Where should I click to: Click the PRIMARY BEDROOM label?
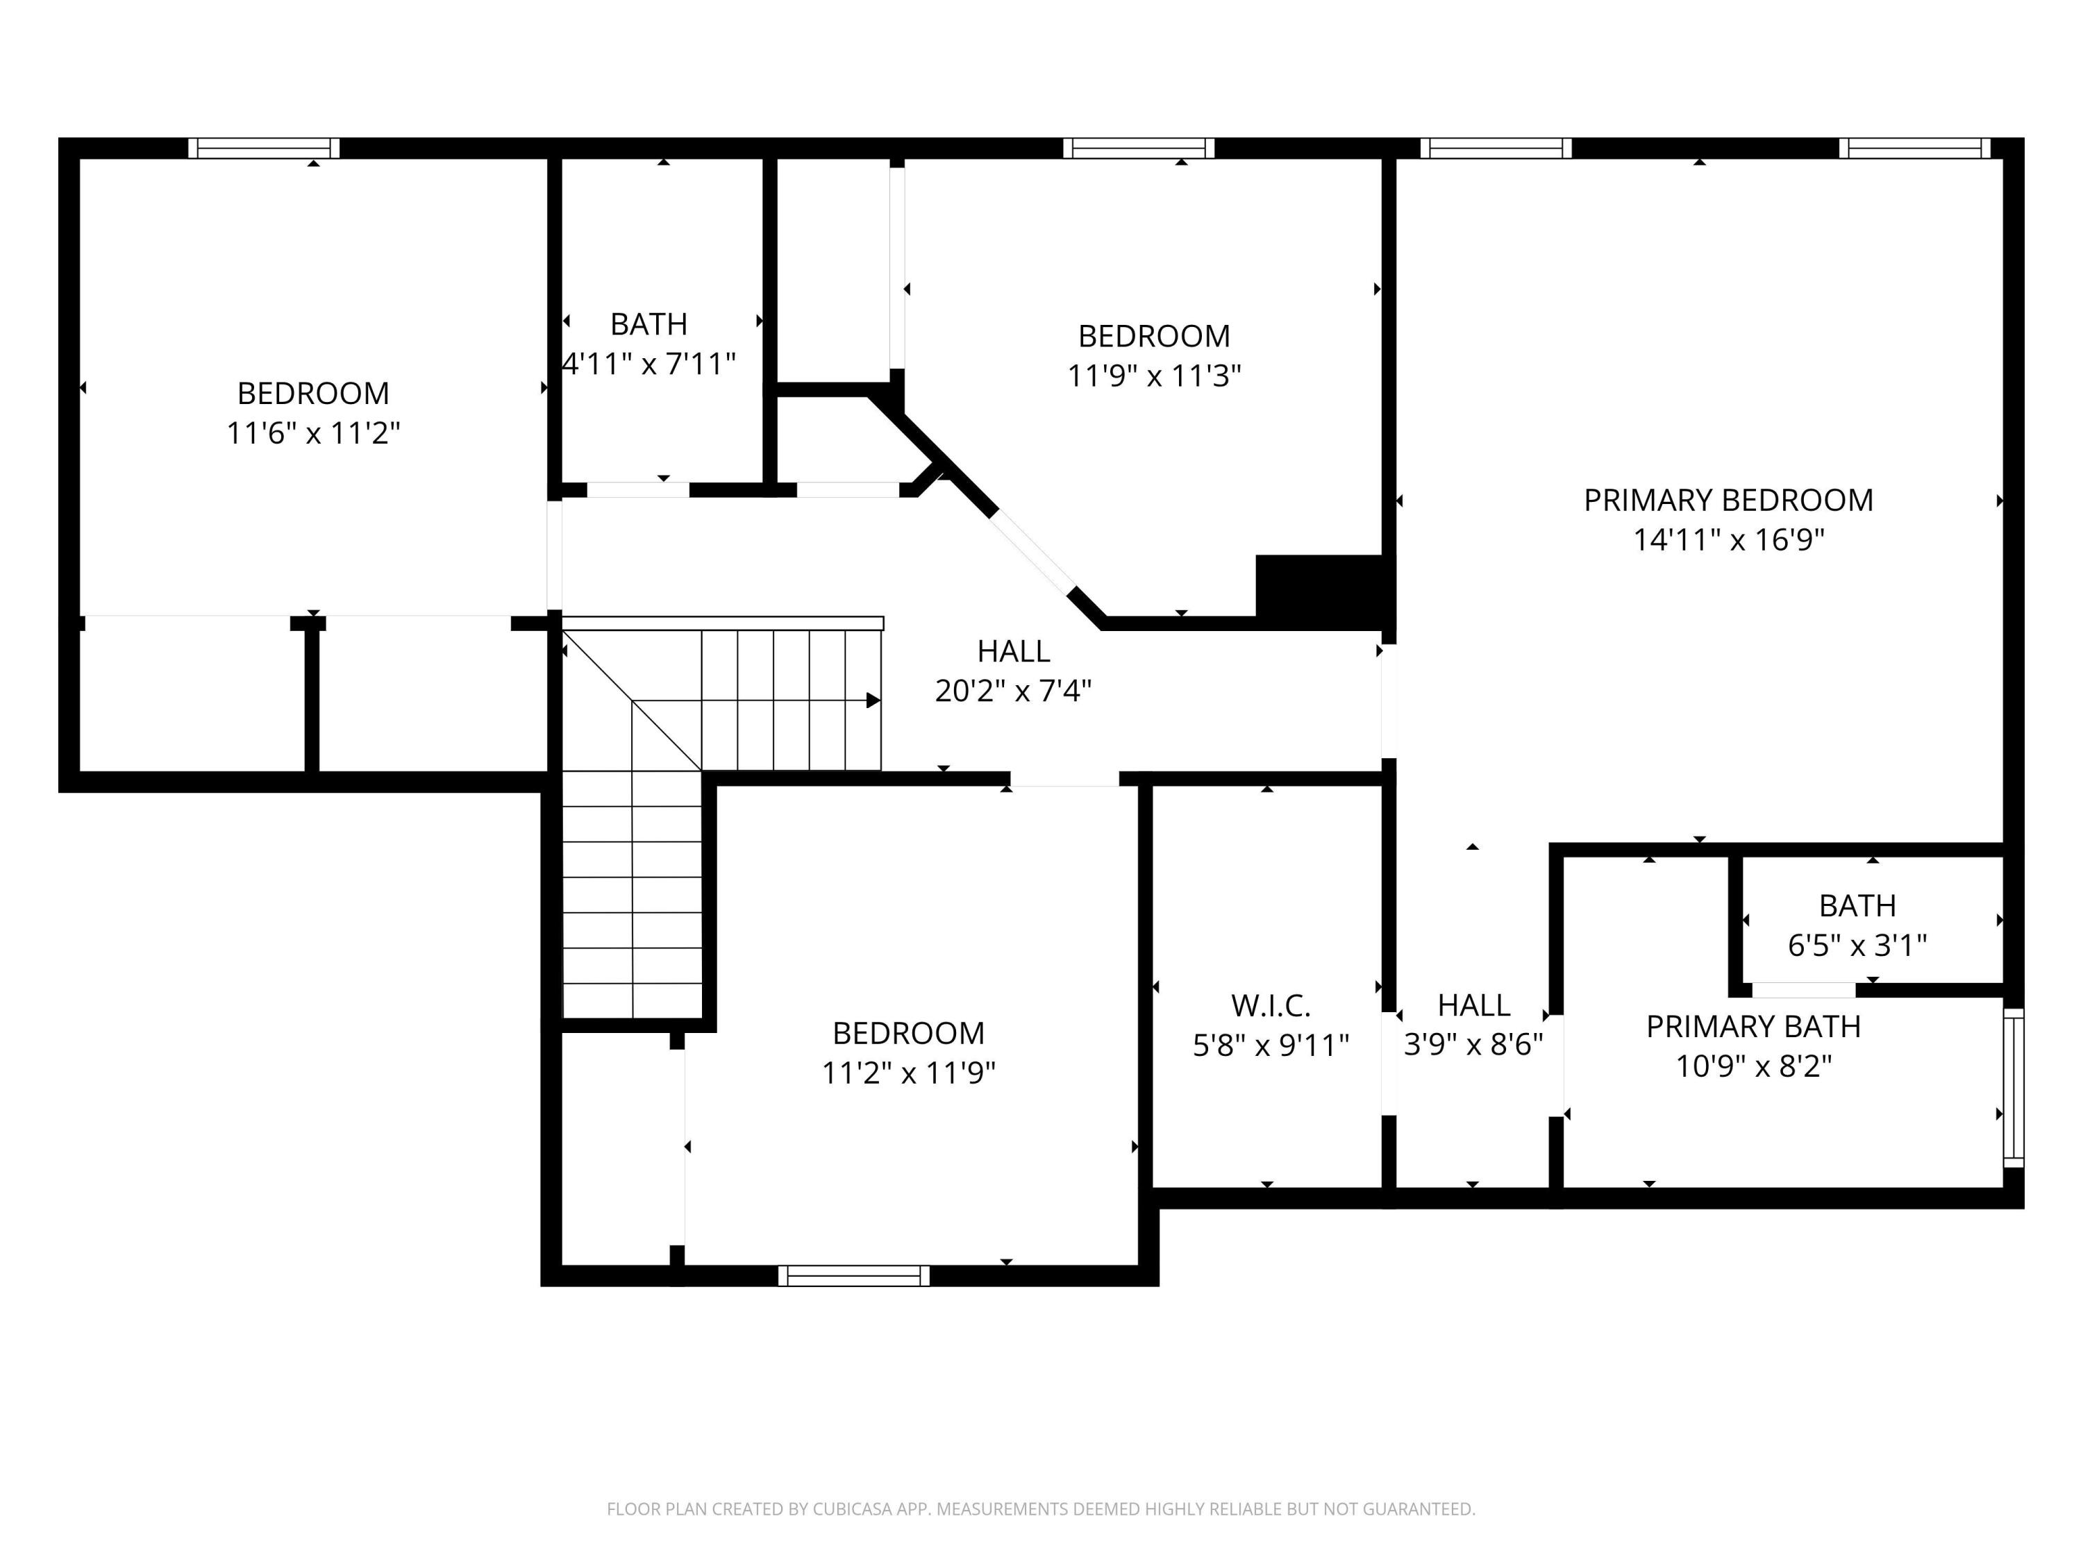tap(1728, 500)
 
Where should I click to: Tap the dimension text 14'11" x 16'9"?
tap(1728, 539)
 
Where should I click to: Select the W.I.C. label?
tap(1271, 1005)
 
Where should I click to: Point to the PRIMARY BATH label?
tap(1753, 1026)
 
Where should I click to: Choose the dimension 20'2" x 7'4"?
tap(1013, 690)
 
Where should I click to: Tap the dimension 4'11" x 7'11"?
tap(649, 364)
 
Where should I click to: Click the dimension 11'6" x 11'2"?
tap(314, 433)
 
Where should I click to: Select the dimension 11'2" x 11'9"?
tap(909, 1073)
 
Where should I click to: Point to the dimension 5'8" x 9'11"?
tap(1271, 1045)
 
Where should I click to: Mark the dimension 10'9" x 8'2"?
tap(1753, 1066)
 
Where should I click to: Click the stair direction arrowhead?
tap(873, 700)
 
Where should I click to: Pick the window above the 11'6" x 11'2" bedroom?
tap(264, 148)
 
